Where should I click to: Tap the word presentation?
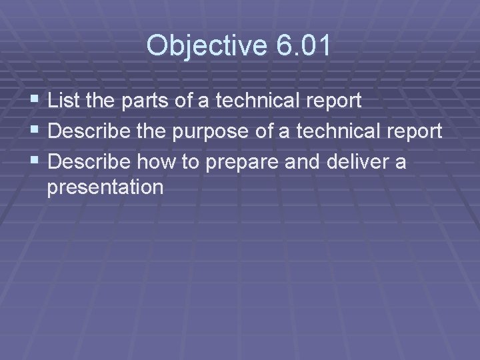tap(105, 187)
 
